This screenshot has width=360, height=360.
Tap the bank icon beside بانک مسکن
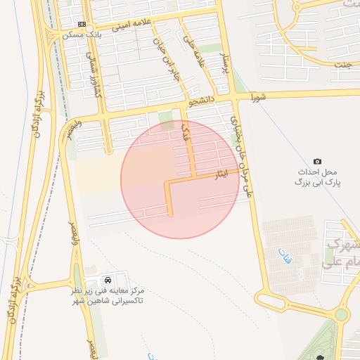83,24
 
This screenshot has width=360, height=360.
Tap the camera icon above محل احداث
317,162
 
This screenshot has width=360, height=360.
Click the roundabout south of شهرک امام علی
341,314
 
